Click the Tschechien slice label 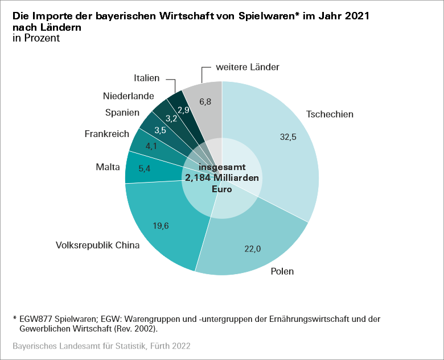coord(330,114)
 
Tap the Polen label coord(282,271)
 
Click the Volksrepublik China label coord(97,246)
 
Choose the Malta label coord(108,167)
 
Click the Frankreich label coord(106,134)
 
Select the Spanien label coord(122,113)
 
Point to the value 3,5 coord(161,130)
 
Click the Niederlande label coord(129,96)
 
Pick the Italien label coord(147,78)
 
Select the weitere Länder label coord(248,67)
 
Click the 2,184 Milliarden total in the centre coord(222,178)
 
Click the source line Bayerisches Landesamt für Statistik coord(101,346)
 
